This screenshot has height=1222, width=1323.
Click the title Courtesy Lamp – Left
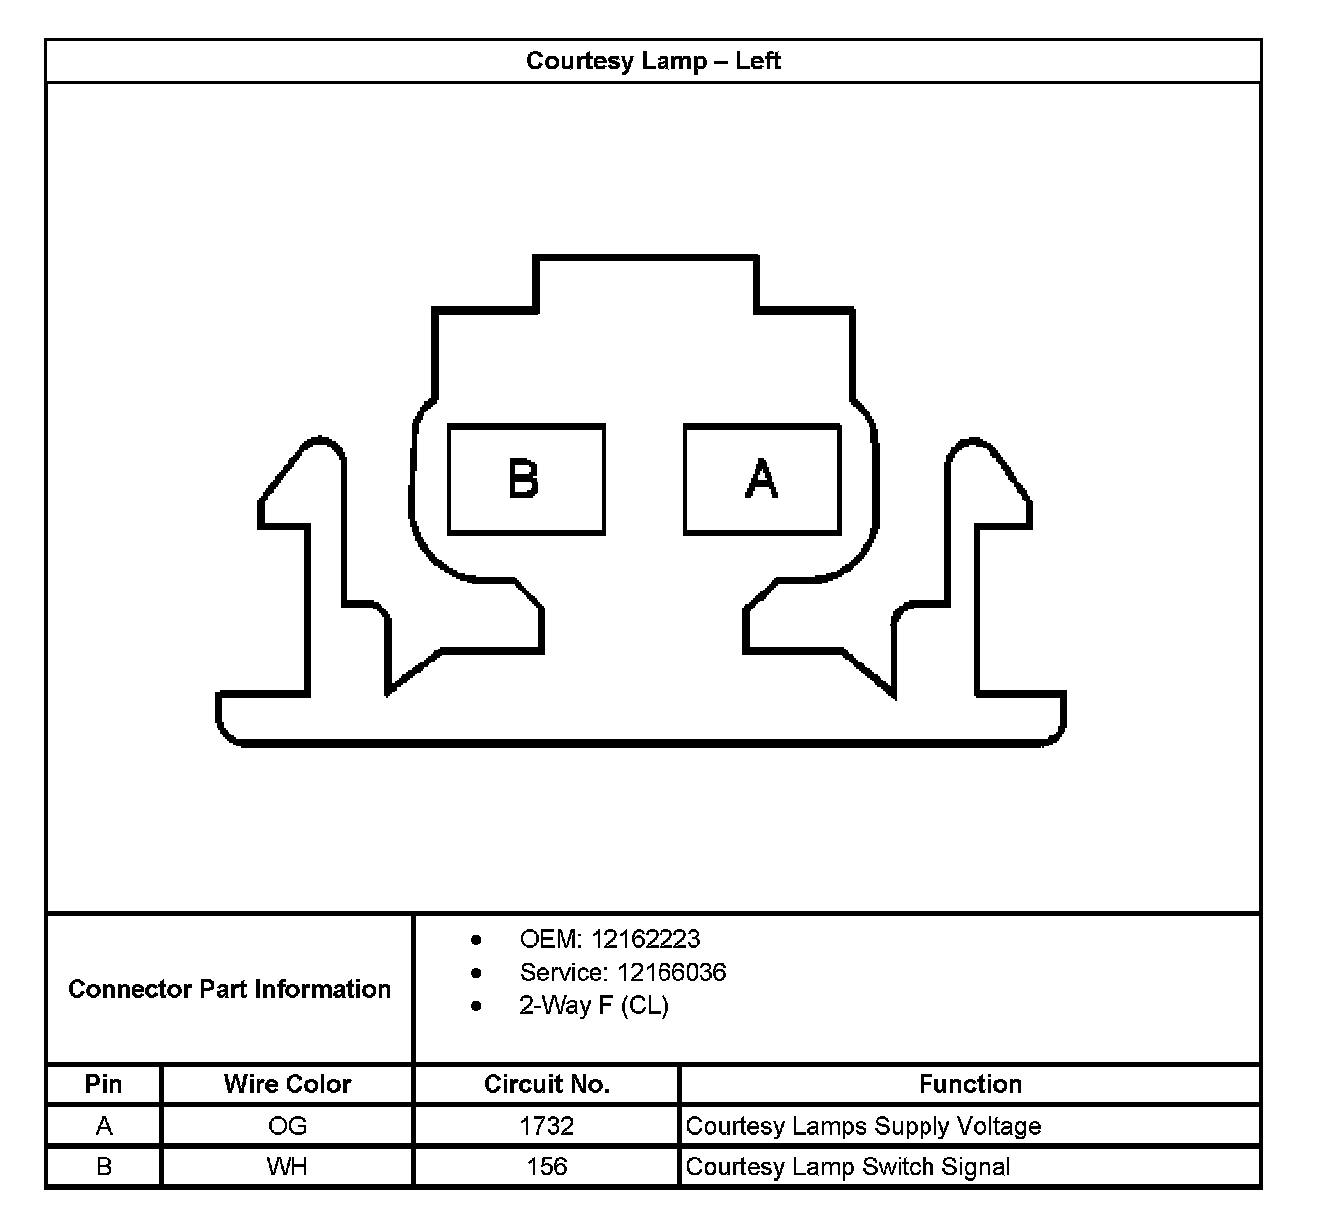653,61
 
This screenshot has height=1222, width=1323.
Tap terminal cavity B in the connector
525,479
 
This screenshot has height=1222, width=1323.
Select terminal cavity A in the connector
762,479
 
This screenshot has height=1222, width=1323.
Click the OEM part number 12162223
646,939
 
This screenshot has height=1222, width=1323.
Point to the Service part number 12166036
671,972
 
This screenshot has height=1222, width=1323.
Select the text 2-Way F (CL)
594,1005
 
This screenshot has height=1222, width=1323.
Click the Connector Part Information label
229,989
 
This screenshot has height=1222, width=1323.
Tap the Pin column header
104,1084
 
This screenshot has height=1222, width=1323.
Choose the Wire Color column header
287,1084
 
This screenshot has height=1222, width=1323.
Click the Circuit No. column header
546,1084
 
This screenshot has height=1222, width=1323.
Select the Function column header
969,1084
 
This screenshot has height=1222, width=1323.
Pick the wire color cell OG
287,1126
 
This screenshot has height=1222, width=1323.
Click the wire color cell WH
287,1167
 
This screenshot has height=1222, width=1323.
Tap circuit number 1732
546,1126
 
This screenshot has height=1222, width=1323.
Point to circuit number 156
546,1167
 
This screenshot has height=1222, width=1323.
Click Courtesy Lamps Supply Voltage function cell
864,1126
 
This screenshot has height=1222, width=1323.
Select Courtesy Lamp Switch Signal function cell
848,1167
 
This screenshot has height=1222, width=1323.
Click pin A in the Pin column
104,1126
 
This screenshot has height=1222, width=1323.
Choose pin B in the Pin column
104,1167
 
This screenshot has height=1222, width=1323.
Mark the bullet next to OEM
477,940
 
